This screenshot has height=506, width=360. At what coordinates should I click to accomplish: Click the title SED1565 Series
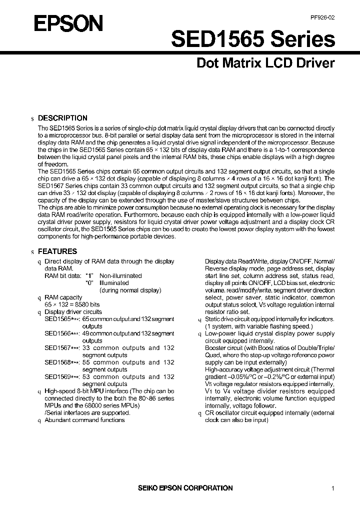click(x=253, y=39)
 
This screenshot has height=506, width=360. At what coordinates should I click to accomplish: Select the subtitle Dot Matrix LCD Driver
click(x=264, y=63)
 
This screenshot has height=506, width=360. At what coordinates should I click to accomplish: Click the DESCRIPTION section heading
click(x=62, y=118)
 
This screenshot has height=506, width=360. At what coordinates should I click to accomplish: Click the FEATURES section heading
click(x=57, y=251)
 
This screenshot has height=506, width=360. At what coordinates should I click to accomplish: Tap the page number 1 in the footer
click(x=332, y=488)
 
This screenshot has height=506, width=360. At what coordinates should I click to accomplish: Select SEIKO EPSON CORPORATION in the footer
click(x=185, y=488)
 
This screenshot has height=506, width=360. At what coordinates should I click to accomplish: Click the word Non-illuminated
click(x=120, y=275)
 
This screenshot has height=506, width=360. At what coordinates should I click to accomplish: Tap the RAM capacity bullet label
click(x=63, y=297)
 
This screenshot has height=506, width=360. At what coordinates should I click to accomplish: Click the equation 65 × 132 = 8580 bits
click(x=72, y=304)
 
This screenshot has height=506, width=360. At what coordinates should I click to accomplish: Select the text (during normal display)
click(x=130, y=290)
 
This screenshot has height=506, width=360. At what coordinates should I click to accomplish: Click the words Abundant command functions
click(x=84, y=420)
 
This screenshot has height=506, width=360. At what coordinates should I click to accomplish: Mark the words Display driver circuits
click(x=73, y=311)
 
